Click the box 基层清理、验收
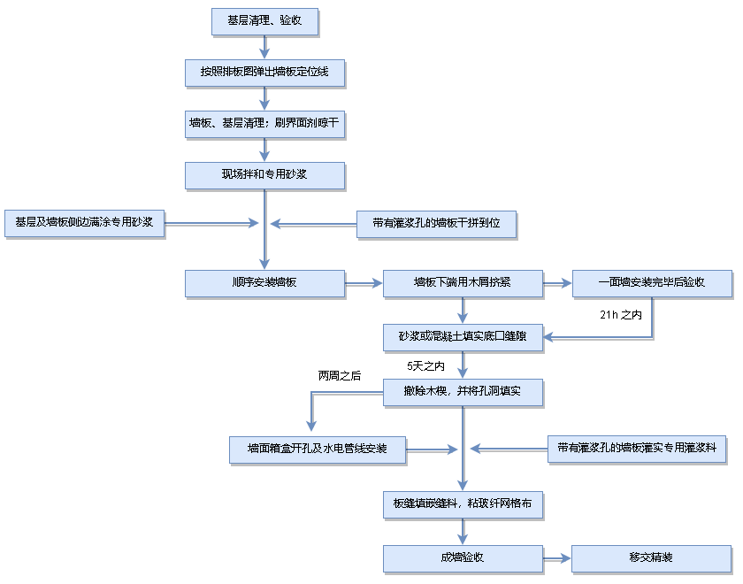[264, 21]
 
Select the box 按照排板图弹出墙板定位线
[264, 72]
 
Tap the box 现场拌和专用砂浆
[264, 174]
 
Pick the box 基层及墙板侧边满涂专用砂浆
[85, 223]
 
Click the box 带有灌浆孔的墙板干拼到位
[436, 223]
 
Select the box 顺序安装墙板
[264, 283]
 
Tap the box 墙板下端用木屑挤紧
[462, 283]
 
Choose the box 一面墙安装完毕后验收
[652, 283]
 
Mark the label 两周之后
[340, 375]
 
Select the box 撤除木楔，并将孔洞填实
[462, 392]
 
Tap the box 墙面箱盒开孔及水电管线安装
[318, 449]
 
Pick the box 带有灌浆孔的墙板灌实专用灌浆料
[637, 449]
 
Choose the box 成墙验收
[462, 558]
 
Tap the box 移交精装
[652, 558]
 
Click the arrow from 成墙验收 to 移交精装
[556, 558]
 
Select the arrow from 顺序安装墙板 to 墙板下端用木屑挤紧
[363, 283]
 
